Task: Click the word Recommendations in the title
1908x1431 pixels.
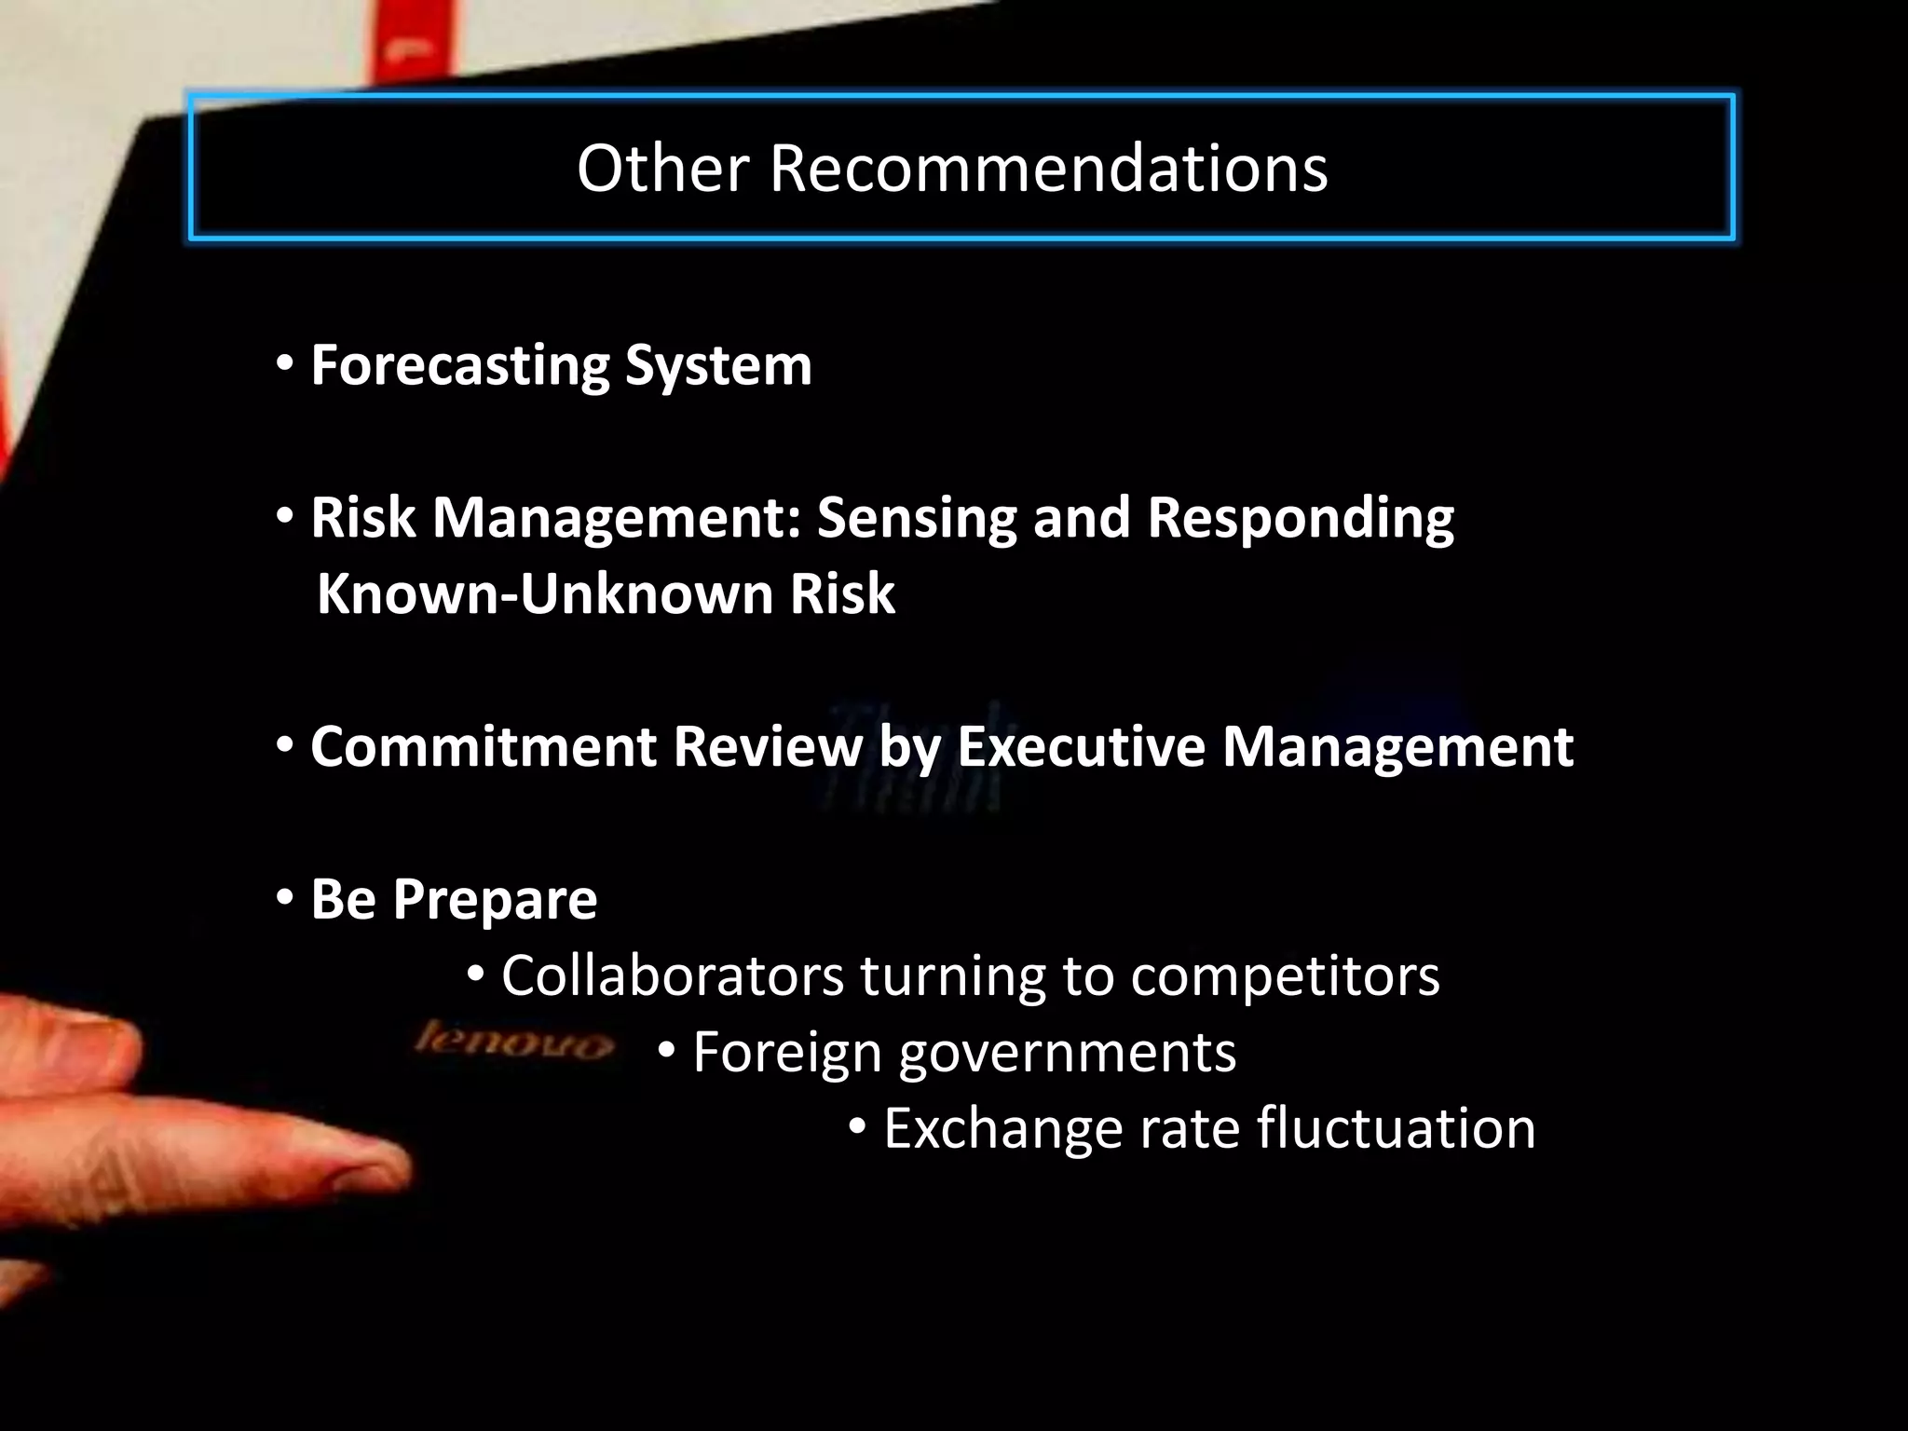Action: point(1048,169)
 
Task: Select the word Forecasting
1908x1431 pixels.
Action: point(459,365)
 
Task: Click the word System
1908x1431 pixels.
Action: point(718,365)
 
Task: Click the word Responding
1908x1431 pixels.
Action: point(1300,518)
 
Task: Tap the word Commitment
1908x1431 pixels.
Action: point(484,747)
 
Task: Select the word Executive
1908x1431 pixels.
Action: point(1081,747)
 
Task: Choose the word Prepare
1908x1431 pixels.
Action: point(495,900)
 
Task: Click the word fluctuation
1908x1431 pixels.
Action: point(1396,1129)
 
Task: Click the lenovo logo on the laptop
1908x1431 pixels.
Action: point(513,1041)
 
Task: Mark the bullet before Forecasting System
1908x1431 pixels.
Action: point(285,363)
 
